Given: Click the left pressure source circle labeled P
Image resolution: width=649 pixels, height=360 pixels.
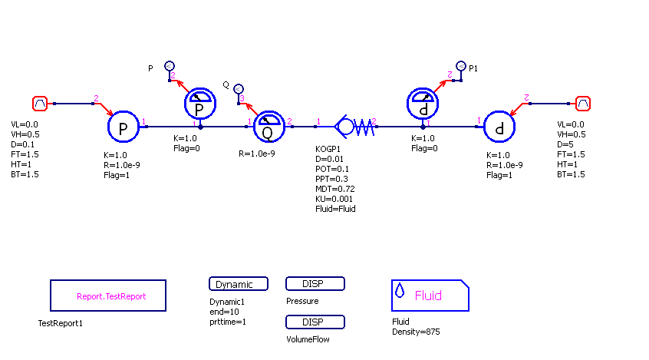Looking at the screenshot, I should click(122, 127).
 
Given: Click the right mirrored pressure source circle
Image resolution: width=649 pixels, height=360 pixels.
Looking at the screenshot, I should click(499, 127).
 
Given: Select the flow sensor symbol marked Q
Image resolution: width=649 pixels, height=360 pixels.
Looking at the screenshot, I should click(268, 127).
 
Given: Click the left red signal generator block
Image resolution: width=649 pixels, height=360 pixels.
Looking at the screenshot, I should click(40, 103).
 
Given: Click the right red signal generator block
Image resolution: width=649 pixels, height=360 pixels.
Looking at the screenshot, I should click(583, 103).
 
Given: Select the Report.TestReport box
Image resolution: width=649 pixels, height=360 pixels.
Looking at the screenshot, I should click(108, 296).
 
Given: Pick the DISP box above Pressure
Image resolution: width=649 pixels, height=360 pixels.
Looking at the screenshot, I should click(315, 284).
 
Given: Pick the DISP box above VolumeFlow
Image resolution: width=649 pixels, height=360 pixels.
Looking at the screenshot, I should click(315, 322).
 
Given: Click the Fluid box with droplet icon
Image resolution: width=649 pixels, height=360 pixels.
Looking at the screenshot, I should click(430, 296).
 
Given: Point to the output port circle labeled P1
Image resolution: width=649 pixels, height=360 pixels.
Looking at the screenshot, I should click(460, 67).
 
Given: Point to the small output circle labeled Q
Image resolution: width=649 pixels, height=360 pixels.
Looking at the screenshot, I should click(239, 89).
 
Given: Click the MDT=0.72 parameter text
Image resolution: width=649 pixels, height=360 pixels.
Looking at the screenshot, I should click(334, 189).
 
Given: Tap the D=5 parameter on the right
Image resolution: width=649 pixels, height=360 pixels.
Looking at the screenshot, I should click(567, 144).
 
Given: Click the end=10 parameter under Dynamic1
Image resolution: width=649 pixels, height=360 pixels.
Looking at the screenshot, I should click(224, 312).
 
